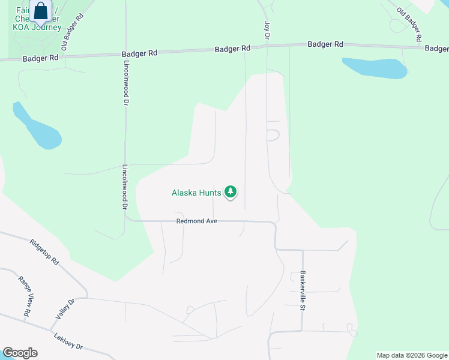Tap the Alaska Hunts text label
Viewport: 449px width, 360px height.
196,193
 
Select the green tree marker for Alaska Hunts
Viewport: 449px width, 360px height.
231,192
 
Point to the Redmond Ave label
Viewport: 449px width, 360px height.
196,221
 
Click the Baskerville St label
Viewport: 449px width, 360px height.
303,290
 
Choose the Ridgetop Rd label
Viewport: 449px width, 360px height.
46,253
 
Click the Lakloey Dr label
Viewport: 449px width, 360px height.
67,342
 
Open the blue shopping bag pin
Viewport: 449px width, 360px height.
41,11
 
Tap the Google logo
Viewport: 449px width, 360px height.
20,353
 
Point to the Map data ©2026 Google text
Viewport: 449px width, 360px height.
411,355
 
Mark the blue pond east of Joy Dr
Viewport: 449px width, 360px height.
375,68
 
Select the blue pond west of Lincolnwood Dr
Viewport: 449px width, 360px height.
37,127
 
